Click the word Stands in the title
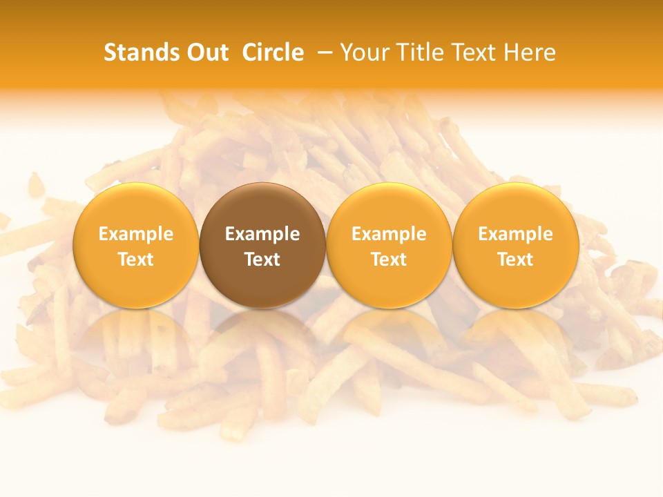click(x=136, y=52)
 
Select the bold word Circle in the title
click(x=273, y=52)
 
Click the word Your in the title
click(x=364, y=52)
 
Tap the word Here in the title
click(x=530, y=52)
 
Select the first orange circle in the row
click(x=136, y=283)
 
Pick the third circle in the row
click(x=389, y=283)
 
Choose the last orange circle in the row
click(x=515, y=283)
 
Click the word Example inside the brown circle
click(x=262, y=234)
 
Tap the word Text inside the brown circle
click(x=262, y=260)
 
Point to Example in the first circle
click(x=136, y=234)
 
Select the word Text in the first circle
click(x=136, y=260)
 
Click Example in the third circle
click(x=389, y=234)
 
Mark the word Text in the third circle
click(x=389, y=260)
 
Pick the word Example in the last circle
click(x=515, y=234)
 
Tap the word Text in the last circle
click(x=515, y=260)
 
